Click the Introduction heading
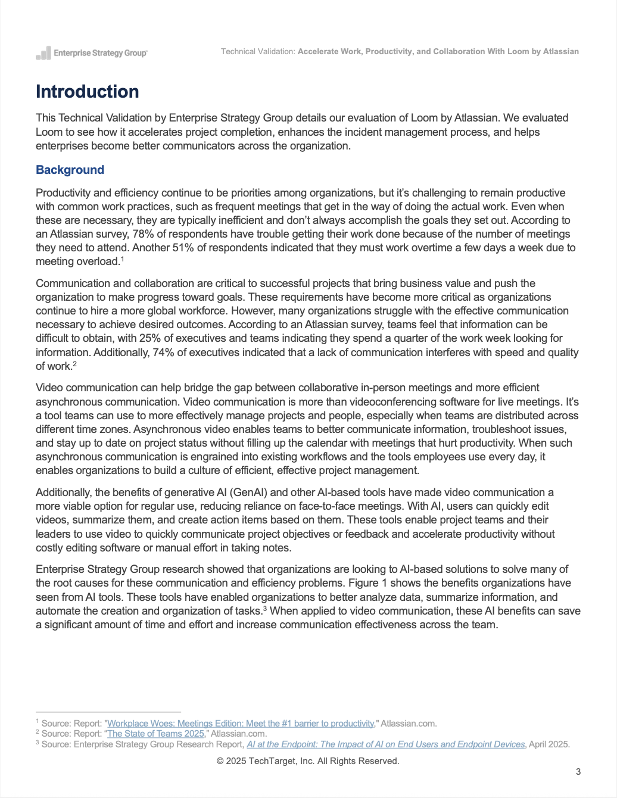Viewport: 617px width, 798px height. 88,92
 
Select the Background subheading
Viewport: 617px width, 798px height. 70,170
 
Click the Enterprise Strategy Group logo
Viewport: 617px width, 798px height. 92,53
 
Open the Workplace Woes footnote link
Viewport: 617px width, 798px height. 241,724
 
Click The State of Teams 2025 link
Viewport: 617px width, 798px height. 155,734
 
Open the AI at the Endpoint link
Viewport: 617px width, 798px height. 386,744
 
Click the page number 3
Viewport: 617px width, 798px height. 578,772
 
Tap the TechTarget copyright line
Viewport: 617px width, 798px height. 308,761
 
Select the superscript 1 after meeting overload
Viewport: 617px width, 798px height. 122,259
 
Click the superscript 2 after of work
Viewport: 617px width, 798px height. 74,363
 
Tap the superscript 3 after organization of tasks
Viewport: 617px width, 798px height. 264,609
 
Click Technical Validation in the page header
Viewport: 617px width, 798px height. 257,52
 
